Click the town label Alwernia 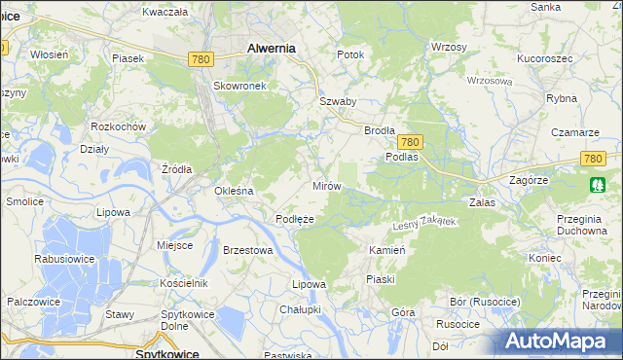click(272, 47)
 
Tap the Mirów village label click(326, 185)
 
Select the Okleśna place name click(234, 191)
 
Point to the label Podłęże click(294, 219)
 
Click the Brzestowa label click(247, 249)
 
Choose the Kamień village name click(386, 250)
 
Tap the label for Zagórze click(531, 180)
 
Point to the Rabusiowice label click(63, 259)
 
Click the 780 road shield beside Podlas click(410, 141)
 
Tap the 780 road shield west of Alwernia click(201, 60)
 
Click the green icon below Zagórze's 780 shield click(597, 184)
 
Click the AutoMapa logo click(559, 342)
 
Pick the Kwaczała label click(165, 12)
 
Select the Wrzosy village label click(449, 47)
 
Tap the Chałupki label click(300, 308)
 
